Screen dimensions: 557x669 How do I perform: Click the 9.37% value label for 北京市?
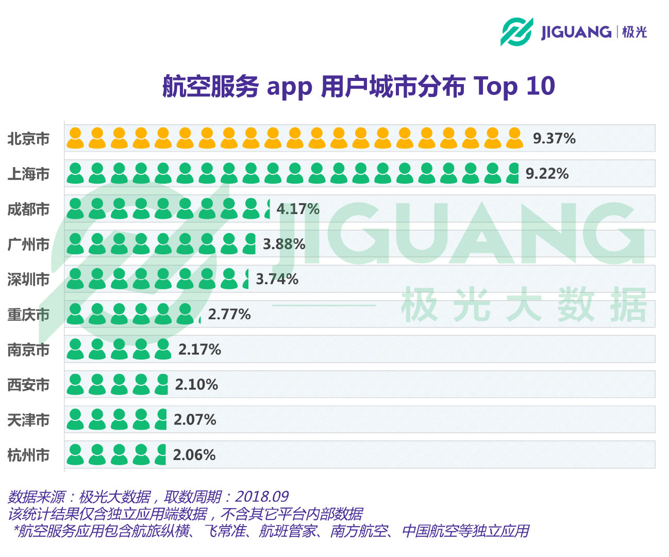554,139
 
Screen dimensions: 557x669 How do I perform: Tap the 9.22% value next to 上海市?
547,174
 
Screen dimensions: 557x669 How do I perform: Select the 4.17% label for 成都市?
298,209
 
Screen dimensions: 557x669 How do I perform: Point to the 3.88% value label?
284,244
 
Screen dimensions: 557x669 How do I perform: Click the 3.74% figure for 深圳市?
277,279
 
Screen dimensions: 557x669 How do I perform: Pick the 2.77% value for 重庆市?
229,314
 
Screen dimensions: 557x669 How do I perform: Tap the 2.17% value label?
199,350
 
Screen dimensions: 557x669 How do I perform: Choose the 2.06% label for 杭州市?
194,455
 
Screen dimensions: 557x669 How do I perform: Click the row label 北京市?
29,139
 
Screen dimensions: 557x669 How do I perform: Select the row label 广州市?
29,244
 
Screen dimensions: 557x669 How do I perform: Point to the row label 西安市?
29,385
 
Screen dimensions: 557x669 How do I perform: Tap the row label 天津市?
29,420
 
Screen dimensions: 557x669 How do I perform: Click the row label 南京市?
29,350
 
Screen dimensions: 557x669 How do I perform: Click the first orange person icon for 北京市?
75,138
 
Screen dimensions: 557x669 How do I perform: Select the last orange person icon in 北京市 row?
514,138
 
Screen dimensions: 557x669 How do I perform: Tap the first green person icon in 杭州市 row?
75,454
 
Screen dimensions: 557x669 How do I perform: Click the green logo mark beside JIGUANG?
516,32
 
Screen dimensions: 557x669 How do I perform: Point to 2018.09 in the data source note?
262,497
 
